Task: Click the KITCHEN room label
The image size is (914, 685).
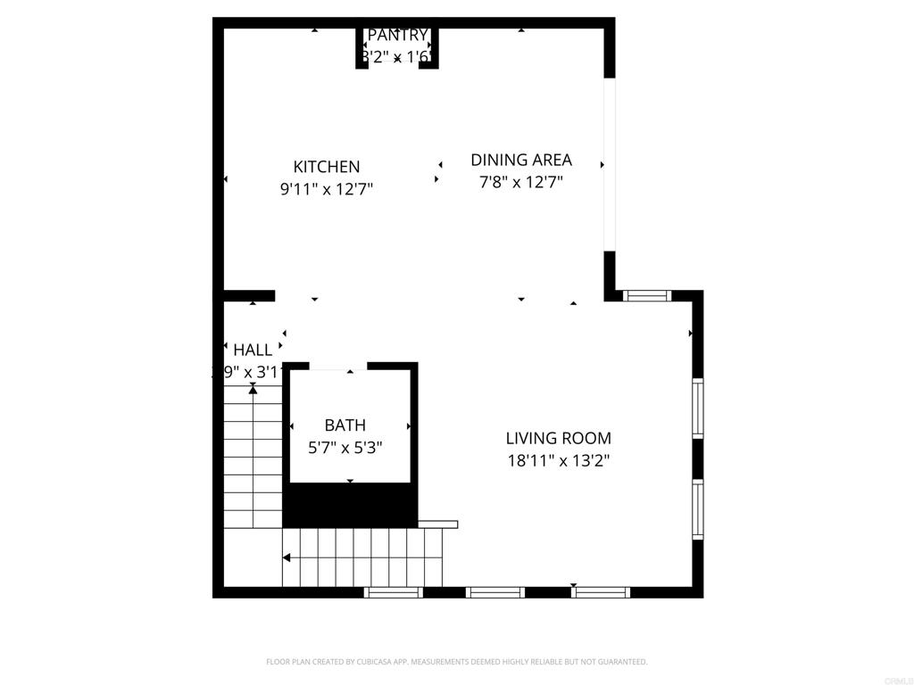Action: [327, 167]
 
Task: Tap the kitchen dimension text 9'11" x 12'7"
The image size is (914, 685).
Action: [327, 189]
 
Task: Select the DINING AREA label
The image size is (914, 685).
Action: [521, 161]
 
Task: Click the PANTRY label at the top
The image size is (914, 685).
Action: [398, 36]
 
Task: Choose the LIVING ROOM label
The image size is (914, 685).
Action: [559, 438]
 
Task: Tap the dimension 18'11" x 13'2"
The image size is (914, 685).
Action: [559, 461]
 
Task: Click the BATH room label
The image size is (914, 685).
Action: [345, 425]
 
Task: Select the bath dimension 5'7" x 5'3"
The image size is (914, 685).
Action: [345, 449]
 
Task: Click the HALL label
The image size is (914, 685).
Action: [253, 350]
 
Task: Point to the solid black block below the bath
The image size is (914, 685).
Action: [350, 506]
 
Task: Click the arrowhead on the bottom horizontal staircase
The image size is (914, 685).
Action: [287, 558]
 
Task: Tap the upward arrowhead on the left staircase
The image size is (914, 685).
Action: [253, 389]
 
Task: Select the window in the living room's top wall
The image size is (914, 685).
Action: [646, 295]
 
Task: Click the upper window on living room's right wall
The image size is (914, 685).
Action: [698, 408]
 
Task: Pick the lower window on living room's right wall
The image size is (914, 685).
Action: [698, 509]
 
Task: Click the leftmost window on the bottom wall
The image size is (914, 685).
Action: [394, 592]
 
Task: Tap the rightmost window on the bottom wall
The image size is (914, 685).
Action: [601, 592]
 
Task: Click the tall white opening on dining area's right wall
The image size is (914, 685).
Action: [610, 165]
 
